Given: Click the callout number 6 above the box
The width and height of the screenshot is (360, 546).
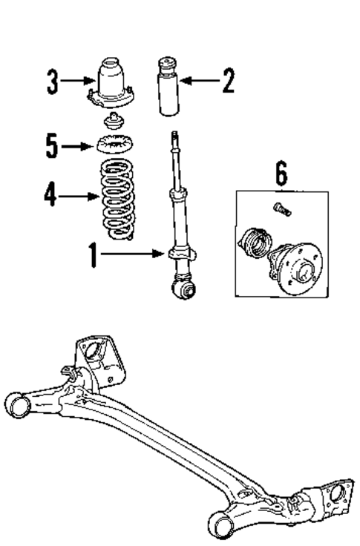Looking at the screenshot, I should (x=281, y=176).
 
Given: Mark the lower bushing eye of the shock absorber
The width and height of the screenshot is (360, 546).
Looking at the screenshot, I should (x=183, y=288).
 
